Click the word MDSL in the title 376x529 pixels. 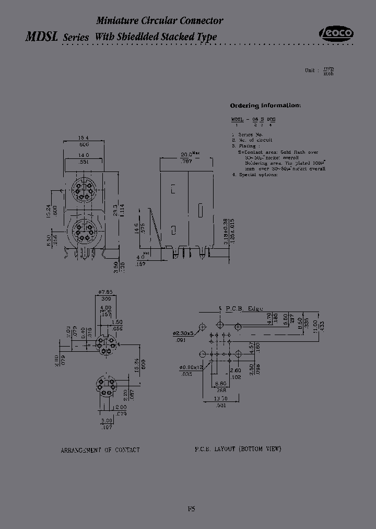click(42, 37)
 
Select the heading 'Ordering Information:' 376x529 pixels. click(265, 105)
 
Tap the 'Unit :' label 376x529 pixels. click(310, 70)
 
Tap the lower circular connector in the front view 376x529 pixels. click(84, 231)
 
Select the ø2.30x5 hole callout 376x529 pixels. click(183, 333)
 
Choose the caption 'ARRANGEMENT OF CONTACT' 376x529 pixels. click(100, 450)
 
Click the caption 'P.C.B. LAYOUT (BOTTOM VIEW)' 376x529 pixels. click(238, 449)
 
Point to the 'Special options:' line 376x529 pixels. click(258, 174)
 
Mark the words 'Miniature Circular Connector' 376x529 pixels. click(159, 21)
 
